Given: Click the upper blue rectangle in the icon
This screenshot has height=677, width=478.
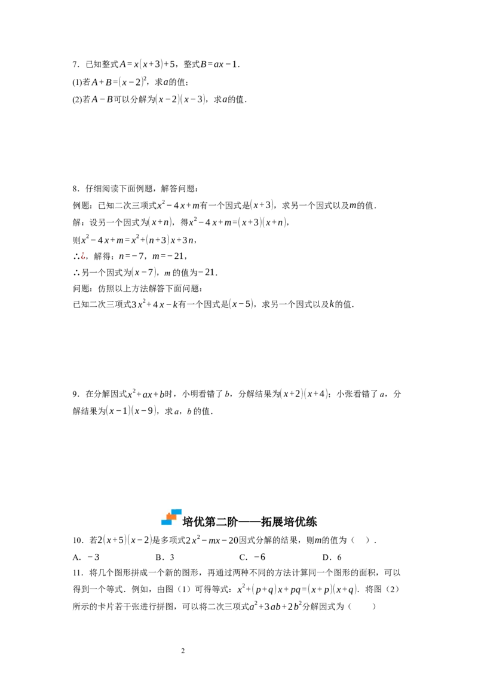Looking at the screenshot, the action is pos(176,512).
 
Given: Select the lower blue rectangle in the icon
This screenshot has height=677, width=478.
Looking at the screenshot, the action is pos(166,522).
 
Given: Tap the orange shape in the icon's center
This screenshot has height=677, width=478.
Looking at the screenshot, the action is pos(171,517).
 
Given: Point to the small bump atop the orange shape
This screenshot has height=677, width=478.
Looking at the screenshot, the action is pos(169,514).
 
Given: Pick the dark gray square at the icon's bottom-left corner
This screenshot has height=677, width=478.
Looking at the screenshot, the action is pos(159,524).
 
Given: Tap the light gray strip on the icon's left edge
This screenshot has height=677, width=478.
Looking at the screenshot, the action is pos(159,519).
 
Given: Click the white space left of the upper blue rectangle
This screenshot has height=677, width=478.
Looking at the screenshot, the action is pos(164,511).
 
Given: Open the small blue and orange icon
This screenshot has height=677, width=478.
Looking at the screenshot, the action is pos(172,517).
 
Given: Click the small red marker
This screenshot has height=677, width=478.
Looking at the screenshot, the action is pos(83,256).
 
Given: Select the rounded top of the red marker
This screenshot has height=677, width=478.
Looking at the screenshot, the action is pos(83,252).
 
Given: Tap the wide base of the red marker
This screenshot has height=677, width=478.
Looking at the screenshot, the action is pos(83,257).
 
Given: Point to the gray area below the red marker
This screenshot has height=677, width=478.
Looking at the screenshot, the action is pos(84,261).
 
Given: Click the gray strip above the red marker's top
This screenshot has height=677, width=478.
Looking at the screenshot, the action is pos(84,250).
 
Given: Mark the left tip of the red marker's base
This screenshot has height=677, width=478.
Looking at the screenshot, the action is pos(81,257).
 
